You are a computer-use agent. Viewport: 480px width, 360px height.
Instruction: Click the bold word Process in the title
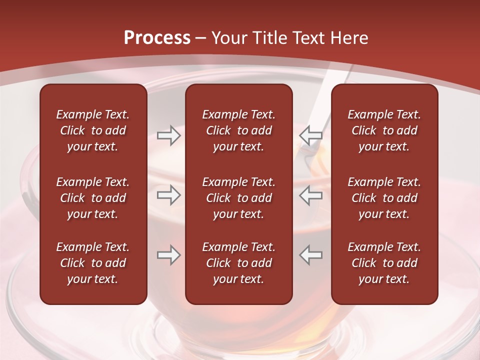(x=157, y=37)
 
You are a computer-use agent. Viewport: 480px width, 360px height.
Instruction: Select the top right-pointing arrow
(x=168, y=135)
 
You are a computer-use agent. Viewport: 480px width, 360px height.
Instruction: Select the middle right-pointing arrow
(x=168, y=195)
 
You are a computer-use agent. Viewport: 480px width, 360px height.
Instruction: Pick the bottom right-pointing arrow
(x=168, y=255)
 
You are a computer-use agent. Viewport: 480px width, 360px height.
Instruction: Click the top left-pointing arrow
(x=310, y=135)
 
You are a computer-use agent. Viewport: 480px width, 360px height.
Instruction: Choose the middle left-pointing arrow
(x=310, y=195)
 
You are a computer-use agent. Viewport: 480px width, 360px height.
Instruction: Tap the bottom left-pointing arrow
(x=310, y=255)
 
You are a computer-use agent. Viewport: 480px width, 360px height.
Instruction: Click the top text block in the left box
(x=93, y=130)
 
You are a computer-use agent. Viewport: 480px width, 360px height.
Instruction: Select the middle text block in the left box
(x=93, y=198)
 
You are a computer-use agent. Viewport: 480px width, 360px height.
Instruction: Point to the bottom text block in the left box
(x=93, y=263)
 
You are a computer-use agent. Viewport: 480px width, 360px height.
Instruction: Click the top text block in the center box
(x=238, y=130)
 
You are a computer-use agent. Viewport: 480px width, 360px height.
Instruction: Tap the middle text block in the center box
(x=238, y=198)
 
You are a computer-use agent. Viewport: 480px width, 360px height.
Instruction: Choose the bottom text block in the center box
(x=238, y=263)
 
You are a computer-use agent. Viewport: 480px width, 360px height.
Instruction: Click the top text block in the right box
(x=384, y=130)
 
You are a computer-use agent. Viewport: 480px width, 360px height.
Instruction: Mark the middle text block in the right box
(x=384, y=198)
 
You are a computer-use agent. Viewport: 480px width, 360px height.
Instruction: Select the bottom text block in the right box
(x=384, y=263)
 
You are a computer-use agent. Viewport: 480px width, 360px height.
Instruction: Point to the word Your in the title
(x=229, y=37)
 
